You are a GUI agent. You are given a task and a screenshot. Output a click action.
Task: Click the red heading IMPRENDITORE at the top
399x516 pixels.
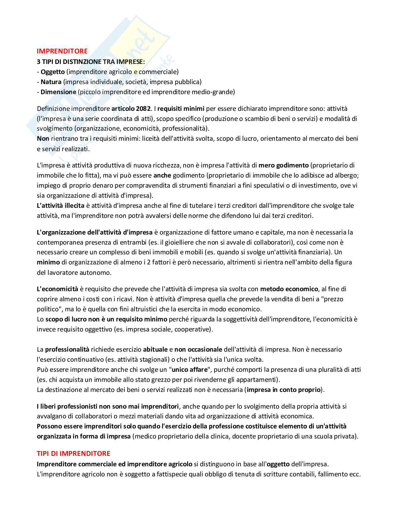click(62, 51)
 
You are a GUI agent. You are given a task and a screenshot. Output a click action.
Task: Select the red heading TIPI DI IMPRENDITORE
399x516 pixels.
click(73, 453)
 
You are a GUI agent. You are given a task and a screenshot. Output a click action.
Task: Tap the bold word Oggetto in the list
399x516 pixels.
click(52, 72)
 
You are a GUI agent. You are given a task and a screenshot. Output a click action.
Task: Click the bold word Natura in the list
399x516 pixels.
click(51, 82)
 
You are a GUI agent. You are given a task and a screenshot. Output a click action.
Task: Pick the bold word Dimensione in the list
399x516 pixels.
click(58, 92)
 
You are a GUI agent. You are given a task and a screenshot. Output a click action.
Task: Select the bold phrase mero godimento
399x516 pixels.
click(283, 165)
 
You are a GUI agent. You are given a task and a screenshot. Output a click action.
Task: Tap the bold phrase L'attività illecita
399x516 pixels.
click(60, 205)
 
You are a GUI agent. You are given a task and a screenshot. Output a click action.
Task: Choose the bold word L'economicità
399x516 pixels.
click(57, 289)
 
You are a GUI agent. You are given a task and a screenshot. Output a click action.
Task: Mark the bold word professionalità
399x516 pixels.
click(67, 349)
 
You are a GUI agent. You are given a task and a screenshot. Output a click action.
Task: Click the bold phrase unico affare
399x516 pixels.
click(189, 369)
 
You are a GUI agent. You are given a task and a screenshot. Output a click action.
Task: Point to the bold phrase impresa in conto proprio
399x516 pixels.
click(283, 390)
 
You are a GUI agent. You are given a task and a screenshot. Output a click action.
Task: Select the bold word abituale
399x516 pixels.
click(155, 349)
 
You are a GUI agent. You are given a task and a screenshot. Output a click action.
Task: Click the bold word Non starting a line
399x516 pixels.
click(43, 138)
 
